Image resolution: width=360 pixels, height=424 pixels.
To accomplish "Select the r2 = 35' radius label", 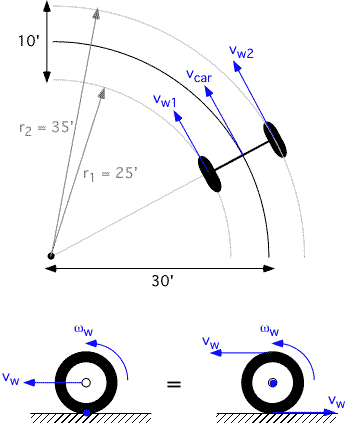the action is click(40, 128).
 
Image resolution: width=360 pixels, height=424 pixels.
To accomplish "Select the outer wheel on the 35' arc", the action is click(276, 140).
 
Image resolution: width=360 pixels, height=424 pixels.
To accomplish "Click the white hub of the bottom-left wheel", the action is click(86, 383).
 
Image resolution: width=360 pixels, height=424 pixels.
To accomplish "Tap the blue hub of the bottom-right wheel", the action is click(272, 383).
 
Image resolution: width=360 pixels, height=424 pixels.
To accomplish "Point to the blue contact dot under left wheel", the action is click(86, 410).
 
